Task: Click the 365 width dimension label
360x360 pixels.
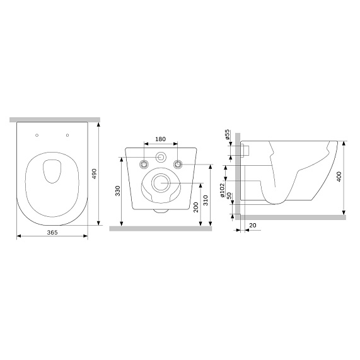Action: (x=52, y=232)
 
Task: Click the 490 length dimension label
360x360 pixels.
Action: (x=94, y=174)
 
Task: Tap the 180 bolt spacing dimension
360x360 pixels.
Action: (x=161, y=139)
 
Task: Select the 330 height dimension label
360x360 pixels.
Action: (x=117, y=191)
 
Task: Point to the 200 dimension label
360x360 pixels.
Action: (x=195, y=207)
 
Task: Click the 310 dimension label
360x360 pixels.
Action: (x=206, y=200)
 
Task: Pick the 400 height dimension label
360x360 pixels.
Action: (x=339, y=177)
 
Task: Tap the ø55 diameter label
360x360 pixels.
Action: (x=227, y=134)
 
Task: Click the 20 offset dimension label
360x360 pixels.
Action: (x=253, y=226)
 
